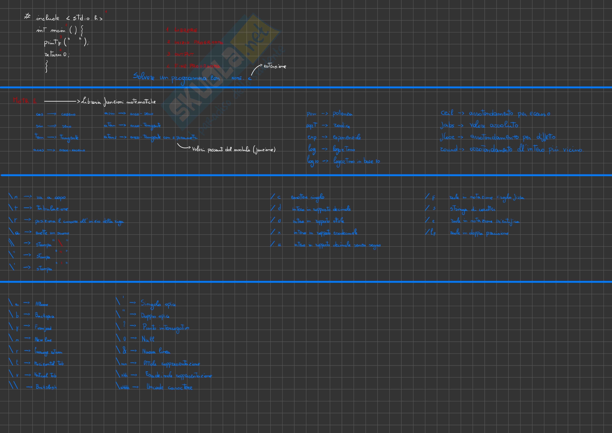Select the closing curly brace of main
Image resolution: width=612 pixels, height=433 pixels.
point(47,66)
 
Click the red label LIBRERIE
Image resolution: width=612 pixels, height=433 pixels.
point(186,30)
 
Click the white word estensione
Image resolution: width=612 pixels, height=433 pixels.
point(275,66)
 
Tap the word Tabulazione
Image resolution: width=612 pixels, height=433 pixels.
point(52,209)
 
